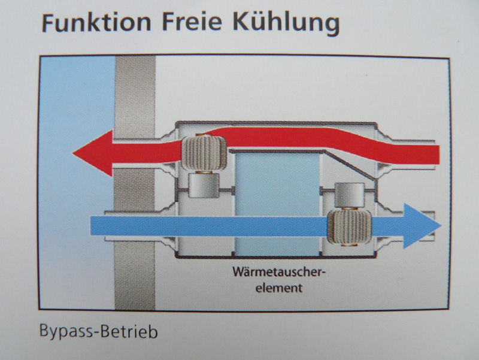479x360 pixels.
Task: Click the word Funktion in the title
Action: [x=96, y=23]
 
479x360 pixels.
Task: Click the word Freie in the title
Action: [x=192, y=22]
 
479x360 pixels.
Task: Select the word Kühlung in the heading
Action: [x=286, y=24]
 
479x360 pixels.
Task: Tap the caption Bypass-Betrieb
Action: [x=98, y=332]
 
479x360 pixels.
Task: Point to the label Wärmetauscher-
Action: [x=277, y=271]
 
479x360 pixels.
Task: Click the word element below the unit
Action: [x=278, y=288]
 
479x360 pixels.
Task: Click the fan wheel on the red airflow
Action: [x=204, y=153]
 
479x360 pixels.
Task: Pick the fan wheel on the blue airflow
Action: [x=350, y=227]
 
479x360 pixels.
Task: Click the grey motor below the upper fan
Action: [x=204, y=186]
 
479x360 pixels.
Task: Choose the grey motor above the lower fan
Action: [x=350, y=195]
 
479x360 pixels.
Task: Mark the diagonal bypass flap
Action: [x=350, y=164]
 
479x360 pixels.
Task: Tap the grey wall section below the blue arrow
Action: [x=134, y=274]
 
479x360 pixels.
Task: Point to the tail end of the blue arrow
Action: [x=91, y=226]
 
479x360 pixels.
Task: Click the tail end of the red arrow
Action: [x=439, y=155]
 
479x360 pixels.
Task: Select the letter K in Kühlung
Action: [x=241, y=22]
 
